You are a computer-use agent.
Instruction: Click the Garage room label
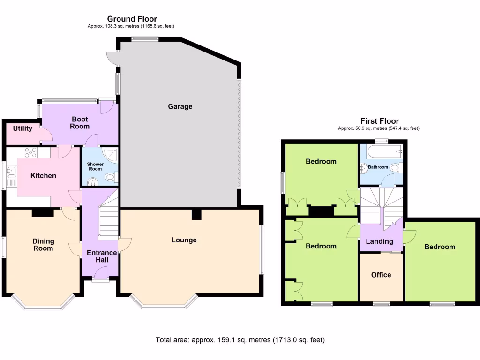point(180,106)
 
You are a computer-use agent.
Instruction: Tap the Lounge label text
point(184,240)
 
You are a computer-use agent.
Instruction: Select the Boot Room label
point(80,123)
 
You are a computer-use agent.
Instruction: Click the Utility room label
point(22,128)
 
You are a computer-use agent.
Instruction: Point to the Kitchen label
point(43,176)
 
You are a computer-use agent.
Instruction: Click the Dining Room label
point(43,245)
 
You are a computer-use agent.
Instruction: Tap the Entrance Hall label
point(102,256)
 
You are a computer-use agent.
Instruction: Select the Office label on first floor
point(381,275)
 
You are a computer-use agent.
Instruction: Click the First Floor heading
point(379,121)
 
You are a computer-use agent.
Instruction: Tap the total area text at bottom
point(240,340)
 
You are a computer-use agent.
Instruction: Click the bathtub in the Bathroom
point(384,151)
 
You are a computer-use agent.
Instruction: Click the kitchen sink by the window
point(11,176)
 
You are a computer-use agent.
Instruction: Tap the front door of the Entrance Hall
point(100,274)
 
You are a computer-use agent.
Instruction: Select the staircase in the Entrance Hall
point(108,220)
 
